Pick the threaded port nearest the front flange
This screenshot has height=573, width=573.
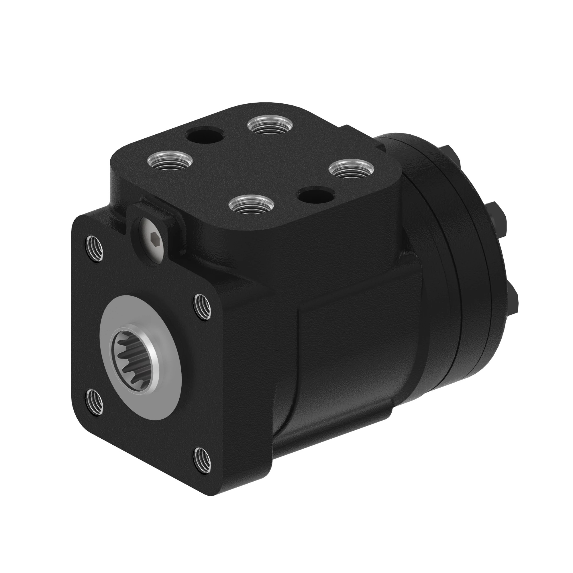252,204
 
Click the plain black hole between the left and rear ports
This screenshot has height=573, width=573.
205,136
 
